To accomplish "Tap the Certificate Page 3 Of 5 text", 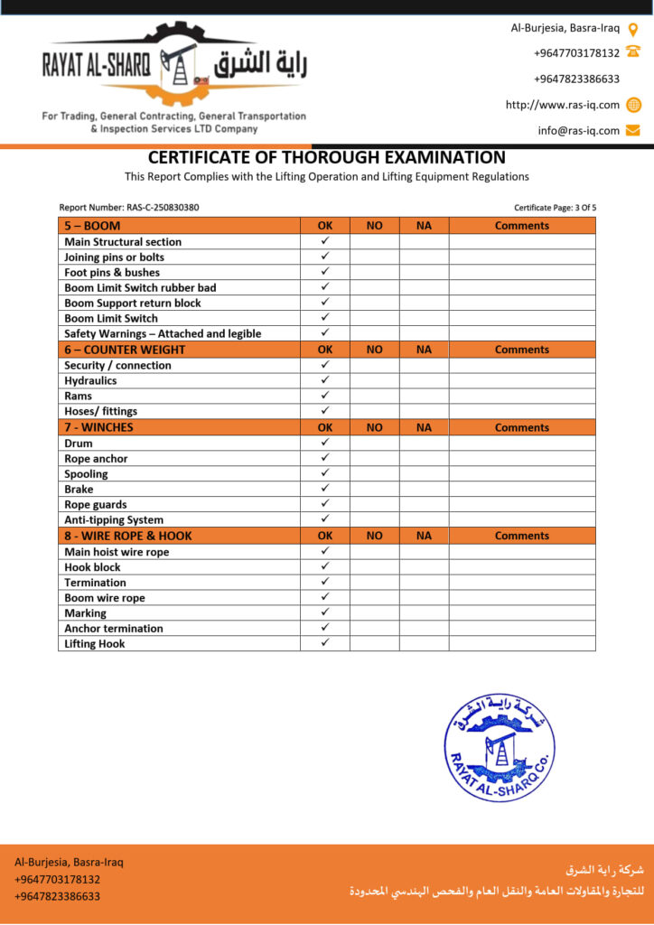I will [x=555, y=208].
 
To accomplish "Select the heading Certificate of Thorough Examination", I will [x=327, y=157].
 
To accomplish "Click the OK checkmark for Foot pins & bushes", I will [x=325, y=271].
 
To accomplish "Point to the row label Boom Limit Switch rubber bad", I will [x=140, y=287].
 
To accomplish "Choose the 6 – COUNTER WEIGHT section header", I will [x=125, y=350].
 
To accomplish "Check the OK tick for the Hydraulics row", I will [x=325, y=380].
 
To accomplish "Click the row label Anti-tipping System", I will [x=114, y=519].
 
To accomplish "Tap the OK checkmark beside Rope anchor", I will [x=325, y=458].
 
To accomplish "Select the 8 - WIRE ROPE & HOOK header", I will [x=128, y=536].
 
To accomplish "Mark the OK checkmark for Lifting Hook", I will [x=325, y=642].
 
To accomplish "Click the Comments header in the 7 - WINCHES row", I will [x=521, y=427].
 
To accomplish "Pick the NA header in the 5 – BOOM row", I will [x=424, y=226].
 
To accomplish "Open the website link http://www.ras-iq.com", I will [x=562, y=105].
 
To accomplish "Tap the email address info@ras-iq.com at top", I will [x=578, y=130].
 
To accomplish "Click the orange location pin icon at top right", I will [x=633, y=29].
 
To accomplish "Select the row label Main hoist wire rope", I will [x=117, y=552].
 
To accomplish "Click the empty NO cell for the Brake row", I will [x=375, y=489].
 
